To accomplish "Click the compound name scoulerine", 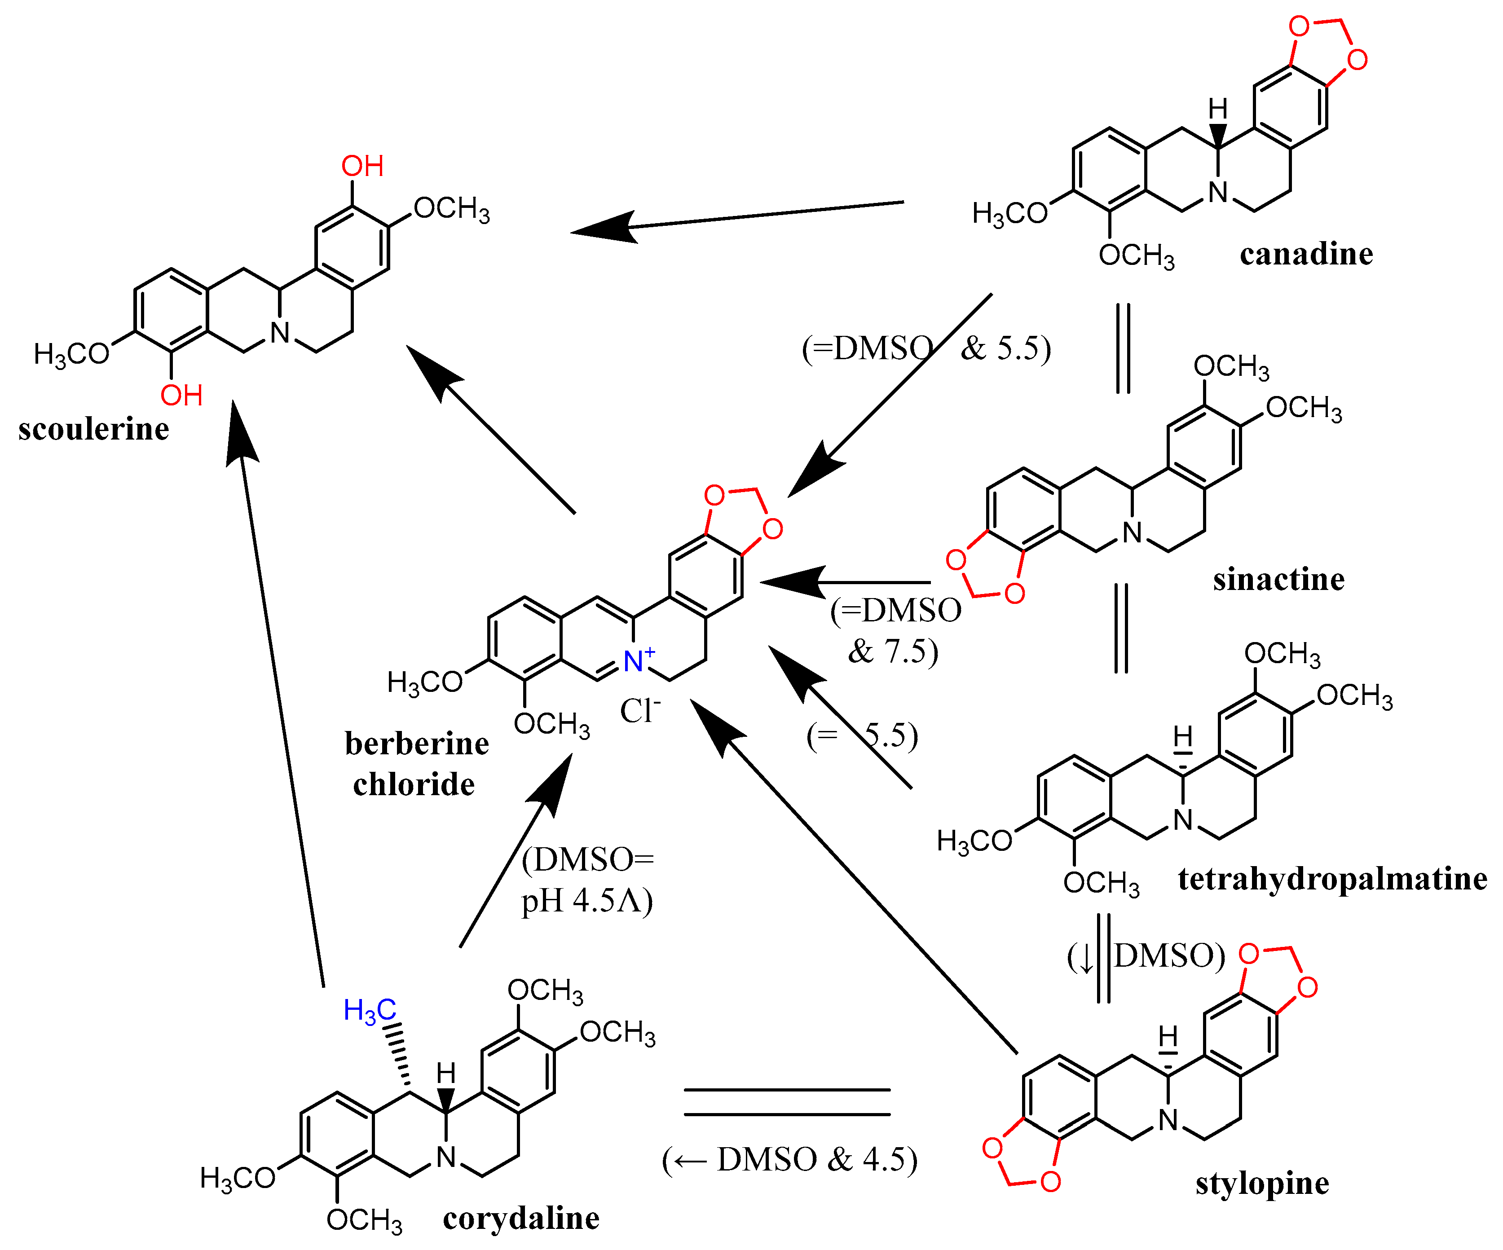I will point(94,429).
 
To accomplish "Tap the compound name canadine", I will point(1306,254).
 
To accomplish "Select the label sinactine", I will point(1278,579).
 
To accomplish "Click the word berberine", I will point(417,744).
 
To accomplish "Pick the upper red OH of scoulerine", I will point(362,166).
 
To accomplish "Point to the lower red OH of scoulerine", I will point(181,396).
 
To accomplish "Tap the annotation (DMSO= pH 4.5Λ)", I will point(587,880).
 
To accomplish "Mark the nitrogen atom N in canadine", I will point(1217,192).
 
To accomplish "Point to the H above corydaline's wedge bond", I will point(446,1073).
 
